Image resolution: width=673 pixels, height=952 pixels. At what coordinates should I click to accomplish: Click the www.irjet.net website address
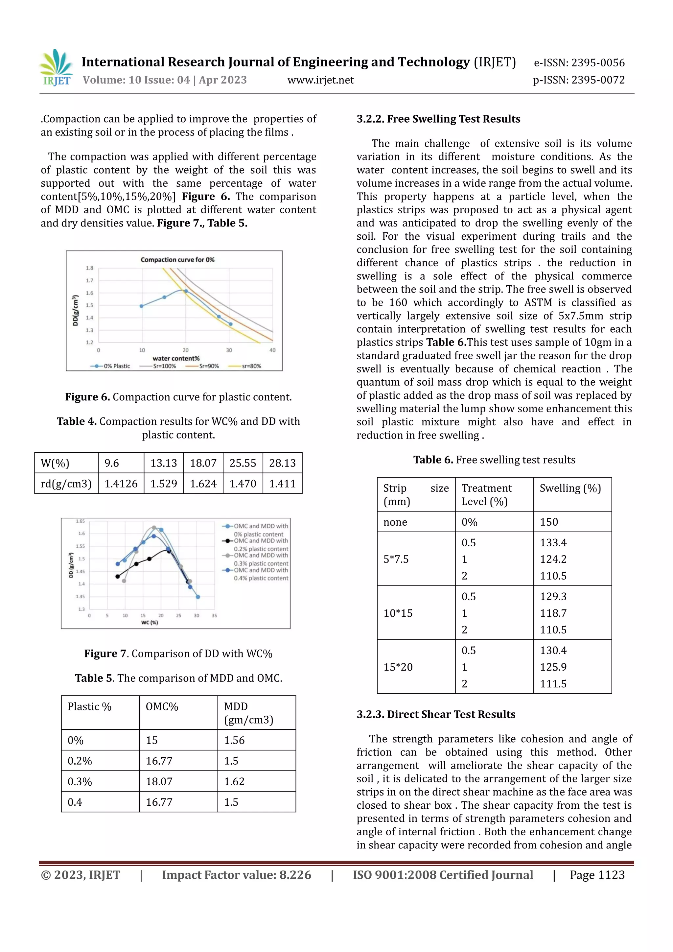[x=320, y=80]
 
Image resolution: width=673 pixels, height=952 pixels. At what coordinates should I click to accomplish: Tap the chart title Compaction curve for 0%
[x=177, y=260]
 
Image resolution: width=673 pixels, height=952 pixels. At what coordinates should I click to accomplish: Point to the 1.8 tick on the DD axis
[x=89, y=268]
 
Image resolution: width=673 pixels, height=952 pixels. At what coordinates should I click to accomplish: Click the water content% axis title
[x=176, y=358]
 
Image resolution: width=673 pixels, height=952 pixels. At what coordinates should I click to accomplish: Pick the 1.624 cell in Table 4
[x=203, y=484]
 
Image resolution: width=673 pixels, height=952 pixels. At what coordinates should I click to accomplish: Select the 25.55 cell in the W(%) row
[x=243, y=463]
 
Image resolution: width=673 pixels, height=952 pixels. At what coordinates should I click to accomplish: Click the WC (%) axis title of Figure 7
[x=149, y=622]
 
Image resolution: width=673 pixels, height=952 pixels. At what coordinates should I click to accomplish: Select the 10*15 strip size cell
[x=398, y=613]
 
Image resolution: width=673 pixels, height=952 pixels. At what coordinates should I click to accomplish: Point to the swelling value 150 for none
[x=549, y=522]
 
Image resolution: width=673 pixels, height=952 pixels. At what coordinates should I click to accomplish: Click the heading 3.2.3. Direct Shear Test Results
[x=436, y=714]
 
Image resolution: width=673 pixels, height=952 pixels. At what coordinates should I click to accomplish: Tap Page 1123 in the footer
[x=597, y=875]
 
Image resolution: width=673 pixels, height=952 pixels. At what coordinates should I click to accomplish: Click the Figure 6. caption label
[x=87, y=397]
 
